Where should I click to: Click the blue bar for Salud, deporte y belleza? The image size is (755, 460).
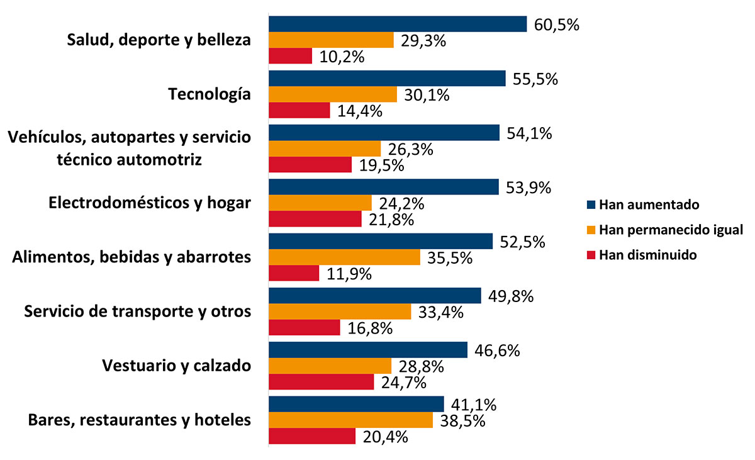coord(398,24)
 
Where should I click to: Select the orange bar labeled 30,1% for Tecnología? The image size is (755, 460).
coord(333,94)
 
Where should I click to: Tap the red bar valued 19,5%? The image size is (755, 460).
coord(310,165)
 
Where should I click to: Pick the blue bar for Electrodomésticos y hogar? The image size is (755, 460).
coord(383,188)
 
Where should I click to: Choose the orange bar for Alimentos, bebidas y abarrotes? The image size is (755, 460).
coord(345,257)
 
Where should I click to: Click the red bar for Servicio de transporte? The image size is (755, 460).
coord(305,328)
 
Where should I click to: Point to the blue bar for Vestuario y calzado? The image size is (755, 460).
coord(368,350)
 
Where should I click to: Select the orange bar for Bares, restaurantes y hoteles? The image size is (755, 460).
coord(351,420)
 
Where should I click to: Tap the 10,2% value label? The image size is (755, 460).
coord(343,57)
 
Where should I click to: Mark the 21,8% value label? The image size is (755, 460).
coord(392,220)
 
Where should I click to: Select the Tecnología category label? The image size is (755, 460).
coord(210,94)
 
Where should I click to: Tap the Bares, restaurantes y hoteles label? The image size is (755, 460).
coord(140,420)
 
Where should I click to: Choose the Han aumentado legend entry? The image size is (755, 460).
coord(648,205)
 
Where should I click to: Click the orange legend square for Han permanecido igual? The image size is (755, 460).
coord(591,230)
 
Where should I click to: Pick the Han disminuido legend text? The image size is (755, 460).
coord(647,255)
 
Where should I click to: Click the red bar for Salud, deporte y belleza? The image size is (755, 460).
coord(291,56)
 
